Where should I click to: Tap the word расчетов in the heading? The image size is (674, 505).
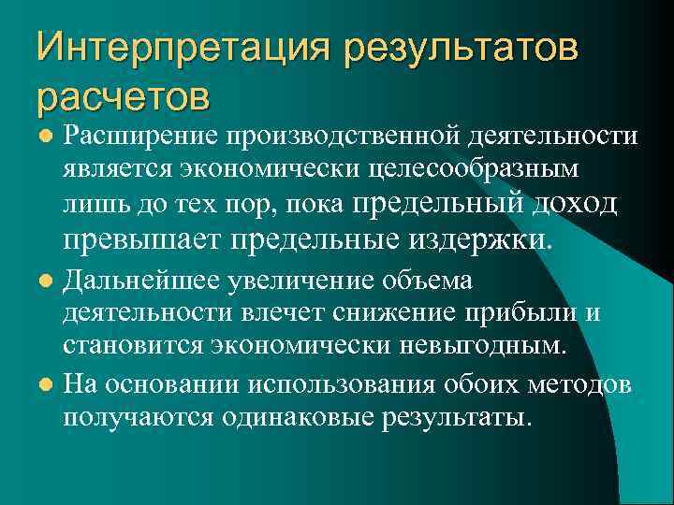point(124,94)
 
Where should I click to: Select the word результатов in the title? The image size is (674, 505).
point(461,47)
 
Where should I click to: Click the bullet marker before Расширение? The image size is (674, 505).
point(45,137)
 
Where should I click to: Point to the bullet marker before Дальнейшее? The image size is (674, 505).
point(45,281)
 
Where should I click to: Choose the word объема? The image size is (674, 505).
point(434,281)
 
